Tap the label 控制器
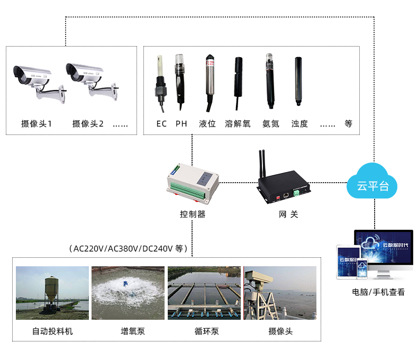[193, 214]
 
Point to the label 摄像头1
[37, 124]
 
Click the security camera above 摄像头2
[92, 82]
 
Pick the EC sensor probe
[161, 84]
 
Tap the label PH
[181, 124]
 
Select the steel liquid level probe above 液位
[210, 83]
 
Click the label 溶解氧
[238, 124]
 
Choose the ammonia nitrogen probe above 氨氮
[270, 81]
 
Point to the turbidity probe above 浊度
[298, 81]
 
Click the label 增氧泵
[133, 331]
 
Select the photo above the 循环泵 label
[204, 293]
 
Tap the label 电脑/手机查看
[378, 292]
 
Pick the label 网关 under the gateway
[288, 214]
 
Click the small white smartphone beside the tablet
[362, 269]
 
